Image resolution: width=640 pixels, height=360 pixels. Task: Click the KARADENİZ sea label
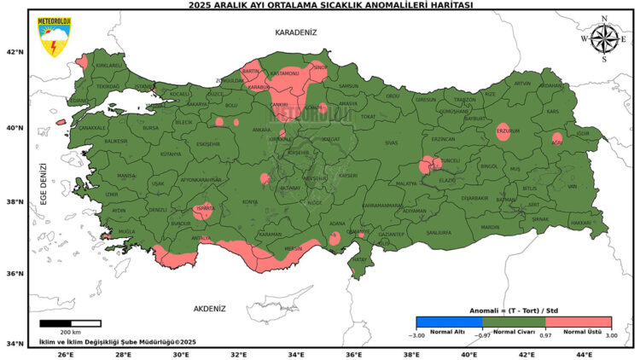[x=295, y=32]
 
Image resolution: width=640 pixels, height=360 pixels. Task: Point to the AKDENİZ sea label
[x=209, y=308]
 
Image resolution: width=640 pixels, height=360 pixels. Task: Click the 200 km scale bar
[x=70, y=323]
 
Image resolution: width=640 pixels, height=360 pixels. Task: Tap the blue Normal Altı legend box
[x=448, y=322]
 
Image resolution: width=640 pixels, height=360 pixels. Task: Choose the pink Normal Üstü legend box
[x=578, y=322]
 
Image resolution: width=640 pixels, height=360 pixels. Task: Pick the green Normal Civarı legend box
[x=514, y=322]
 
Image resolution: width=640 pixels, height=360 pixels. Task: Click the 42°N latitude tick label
[x=15, y=52]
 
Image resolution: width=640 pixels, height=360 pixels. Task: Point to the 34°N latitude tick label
[x=15, y=344]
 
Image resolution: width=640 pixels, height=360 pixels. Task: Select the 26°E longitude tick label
[x=65, y=353]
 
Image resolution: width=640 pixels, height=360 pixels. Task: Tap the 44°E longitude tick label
[x=584, y=353]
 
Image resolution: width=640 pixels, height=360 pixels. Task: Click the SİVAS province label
[x=391, y=142]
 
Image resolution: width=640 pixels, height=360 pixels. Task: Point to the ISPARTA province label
[x=203, y=207]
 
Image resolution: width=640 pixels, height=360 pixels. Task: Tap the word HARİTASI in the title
[x=449, y=5]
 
